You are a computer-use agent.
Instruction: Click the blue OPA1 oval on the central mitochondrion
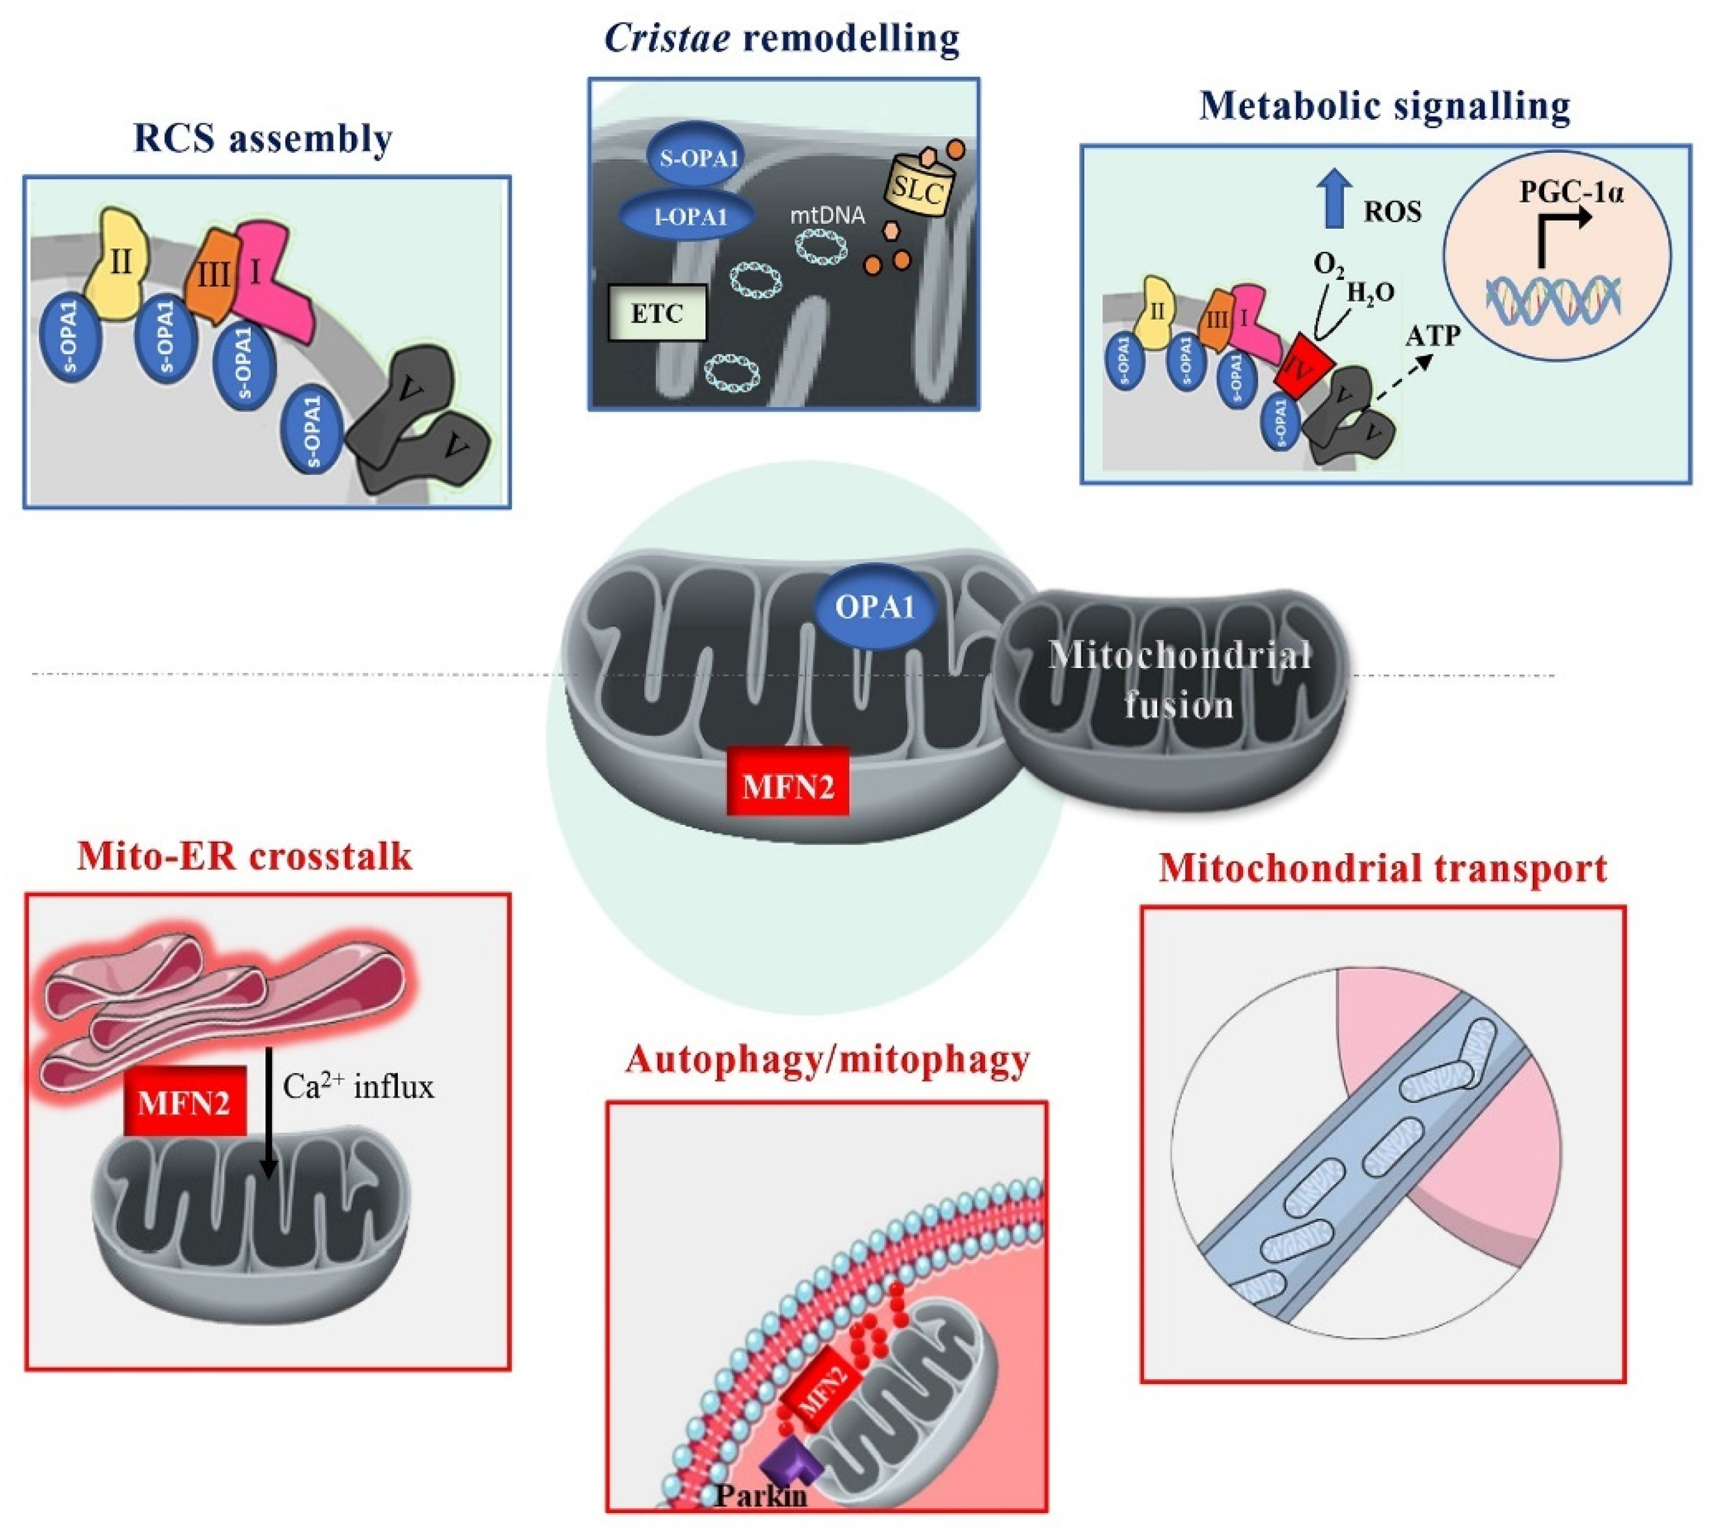tap(875, 607)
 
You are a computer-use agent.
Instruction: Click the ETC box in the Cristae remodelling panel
tap(657, 314)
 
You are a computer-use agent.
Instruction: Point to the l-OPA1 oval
tap(686, 217)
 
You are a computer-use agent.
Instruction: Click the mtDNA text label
tap(827, 216)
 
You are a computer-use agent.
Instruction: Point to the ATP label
tap(1432, 336)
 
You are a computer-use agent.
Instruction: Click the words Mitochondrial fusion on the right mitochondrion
tap(1179, 680)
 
